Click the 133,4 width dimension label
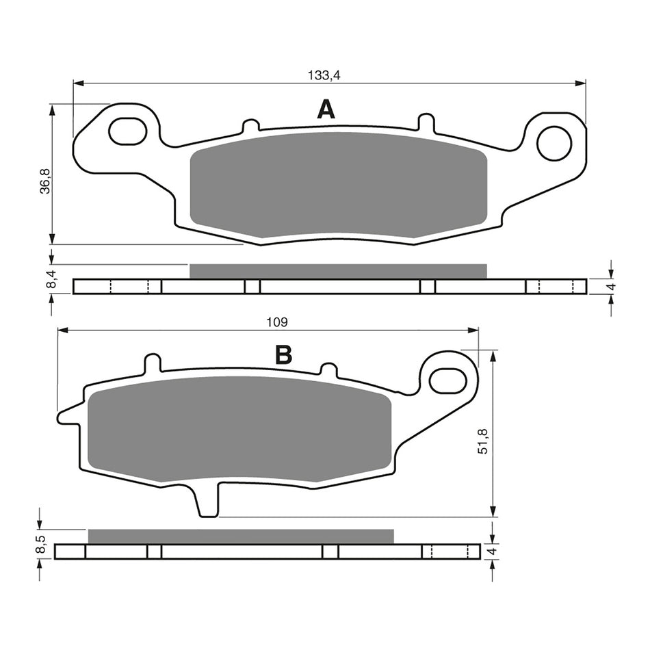click(x=324, y=76)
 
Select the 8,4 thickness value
click(x=45, y=279)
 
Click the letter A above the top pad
click(x=326, y=109)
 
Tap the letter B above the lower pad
click(x=283, y=355)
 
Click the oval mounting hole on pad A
click(x=128, y=131)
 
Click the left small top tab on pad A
click(x=251, y=127)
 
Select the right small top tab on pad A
click(x=425, y=122)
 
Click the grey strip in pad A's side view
click(x=337, y=271)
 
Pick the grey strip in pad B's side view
click(x=241, y=536)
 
